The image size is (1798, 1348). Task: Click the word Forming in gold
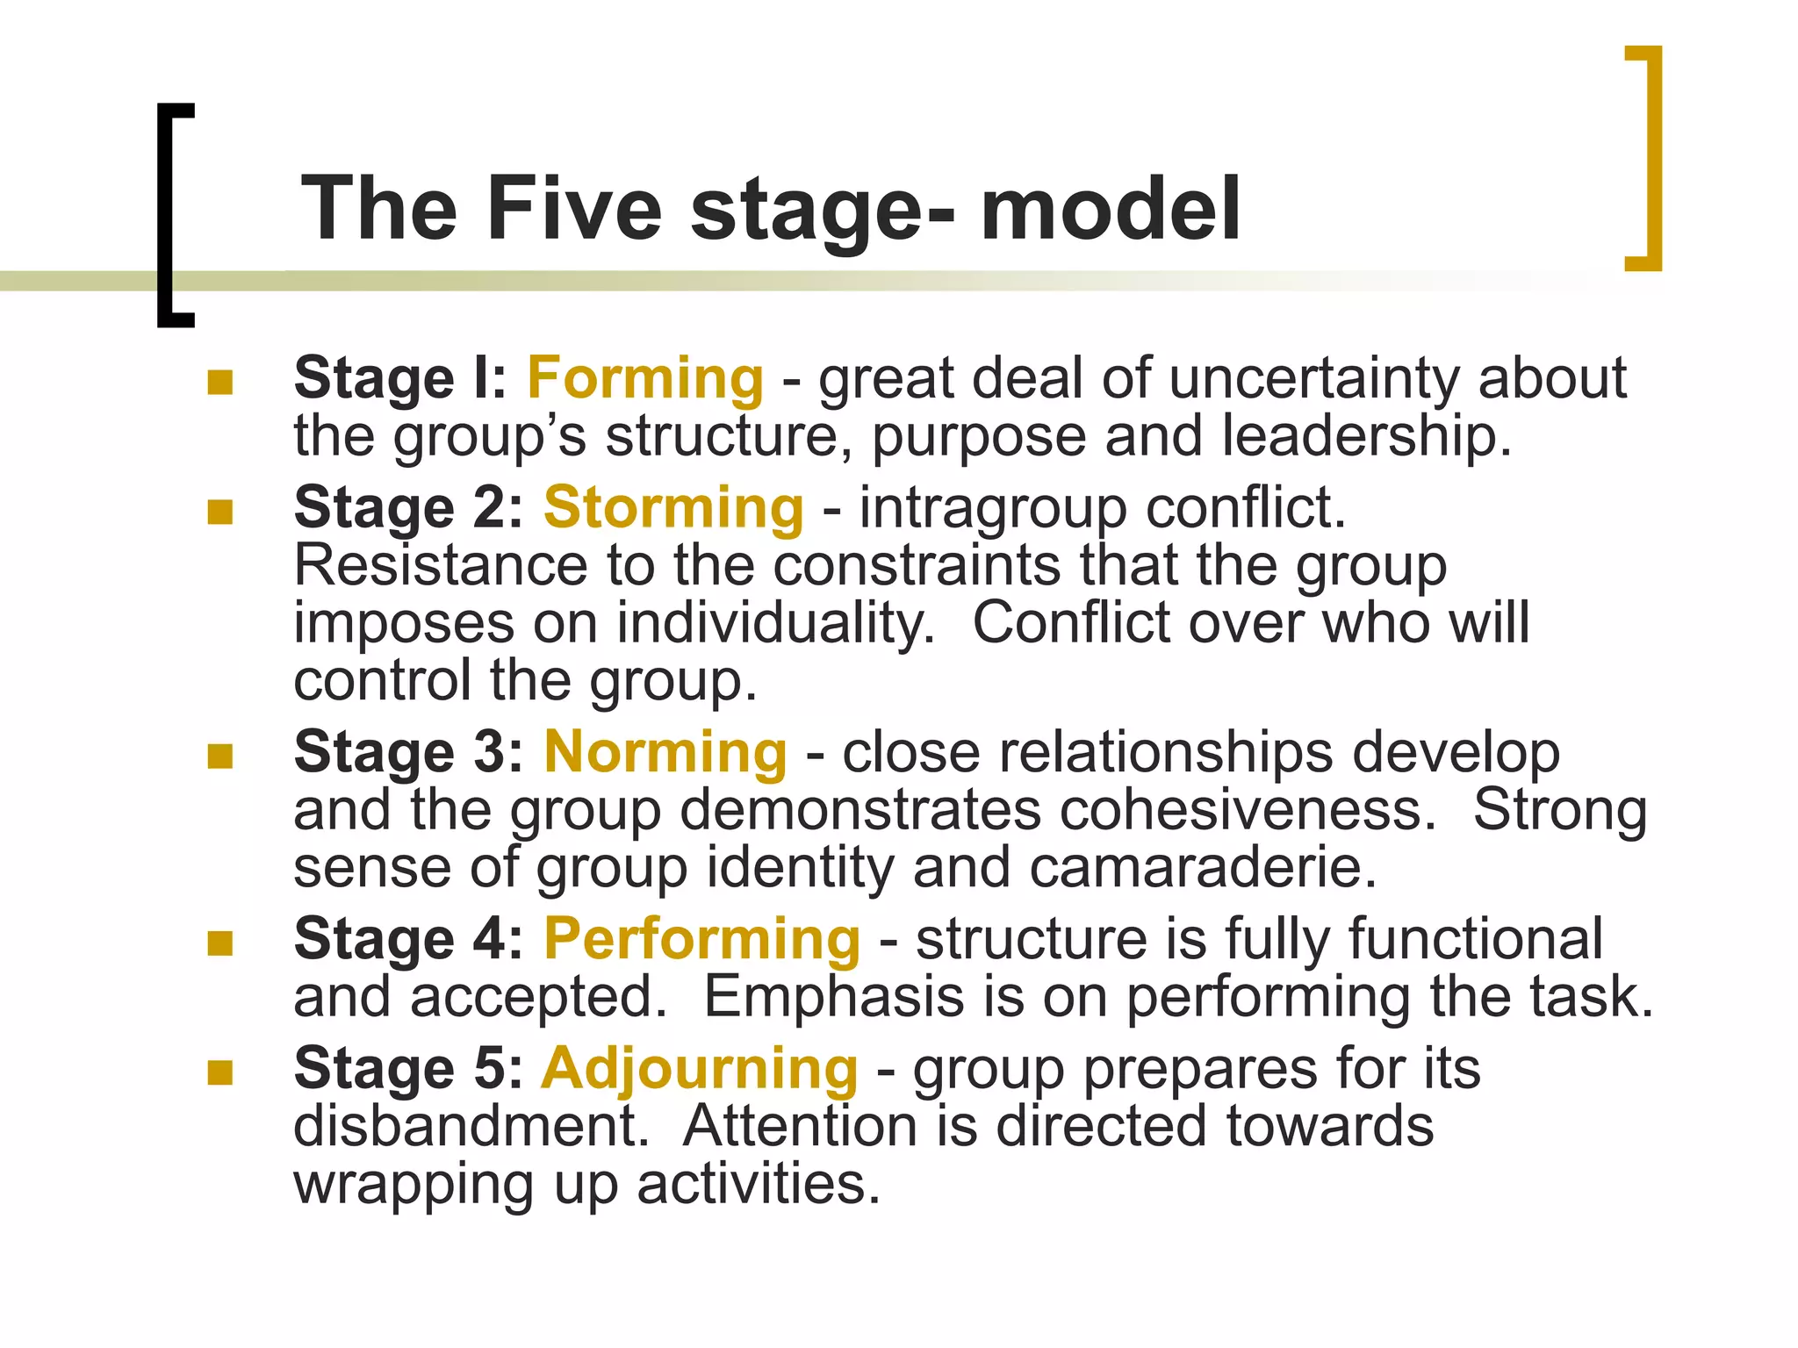645,379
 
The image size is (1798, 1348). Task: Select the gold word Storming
673,508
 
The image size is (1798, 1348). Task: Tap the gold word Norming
665,753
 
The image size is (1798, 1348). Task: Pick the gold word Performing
701,940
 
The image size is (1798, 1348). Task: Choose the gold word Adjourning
699,1069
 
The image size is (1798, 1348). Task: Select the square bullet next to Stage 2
219,512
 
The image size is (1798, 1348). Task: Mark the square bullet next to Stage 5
219,1072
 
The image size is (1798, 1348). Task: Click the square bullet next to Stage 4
219,943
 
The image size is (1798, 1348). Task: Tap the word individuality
769,623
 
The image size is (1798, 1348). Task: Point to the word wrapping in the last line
413,1185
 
